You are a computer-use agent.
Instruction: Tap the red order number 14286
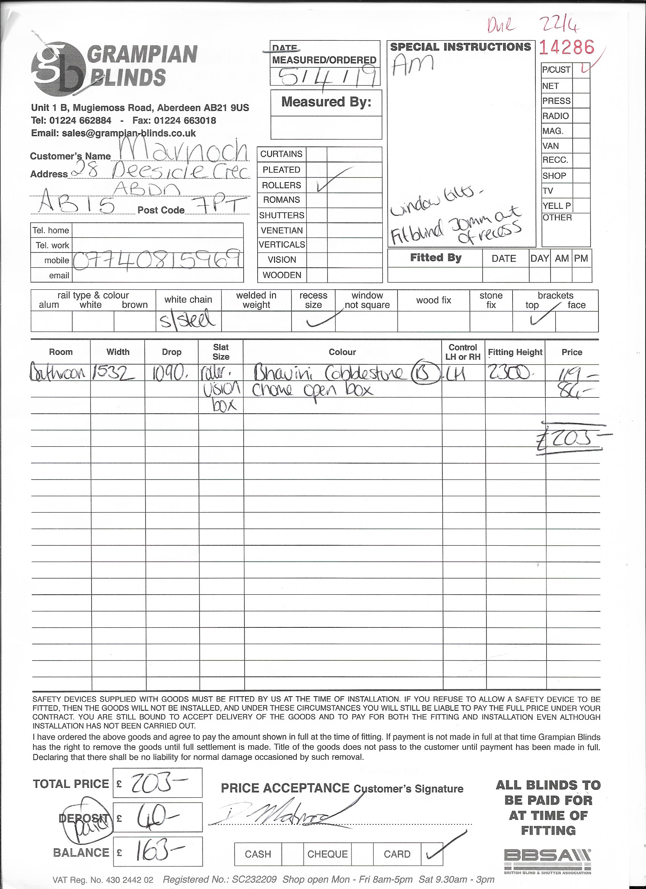tap(567, 48)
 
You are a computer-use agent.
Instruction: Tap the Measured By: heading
tap(326, 102)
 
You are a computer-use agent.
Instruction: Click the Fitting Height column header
tap(515, 352)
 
